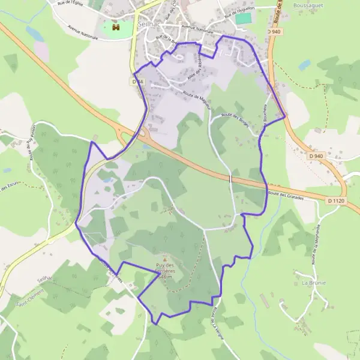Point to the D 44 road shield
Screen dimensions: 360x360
click(x=137, y=81)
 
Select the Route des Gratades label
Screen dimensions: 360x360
click(x=286, y=194)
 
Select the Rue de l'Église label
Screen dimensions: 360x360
click(x=70, y=4)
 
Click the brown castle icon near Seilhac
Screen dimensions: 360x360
click(x=115, y=28)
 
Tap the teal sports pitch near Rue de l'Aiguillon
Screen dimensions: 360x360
click(x=243, y=19)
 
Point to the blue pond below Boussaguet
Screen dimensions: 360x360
click(x=305, y=64)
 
